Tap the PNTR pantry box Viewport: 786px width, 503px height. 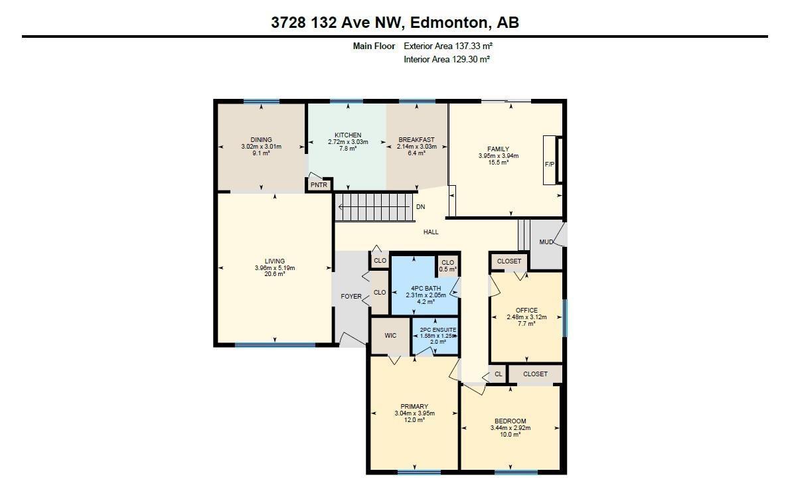coord(319,185)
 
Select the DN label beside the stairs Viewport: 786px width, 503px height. coord(420,207)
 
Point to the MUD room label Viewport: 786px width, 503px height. coord(546,242)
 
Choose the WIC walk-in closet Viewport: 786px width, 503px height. coord(390,336)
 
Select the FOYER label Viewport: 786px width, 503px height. coord(351,297)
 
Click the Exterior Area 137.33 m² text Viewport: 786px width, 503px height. coord(448,46)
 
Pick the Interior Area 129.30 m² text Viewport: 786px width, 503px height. coord(447,60)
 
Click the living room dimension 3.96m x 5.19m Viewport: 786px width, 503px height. coord(274,268)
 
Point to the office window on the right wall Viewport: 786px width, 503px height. coord(565,318)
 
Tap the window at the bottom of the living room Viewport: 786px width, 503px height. coord(275,345)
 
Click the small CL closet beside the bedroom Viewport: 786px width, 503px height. coord(499,374)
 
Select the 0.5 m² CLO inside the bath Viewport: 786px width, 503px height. coord(448,265)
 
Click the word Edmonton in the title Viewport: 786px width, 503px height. coord(447,23)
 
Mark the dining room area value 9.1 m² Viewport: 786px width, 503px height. coord(261,153)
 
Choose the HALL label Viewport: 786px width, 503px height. coord(431,232)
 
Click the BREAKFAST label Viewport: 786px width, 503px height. coord(416,140)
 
